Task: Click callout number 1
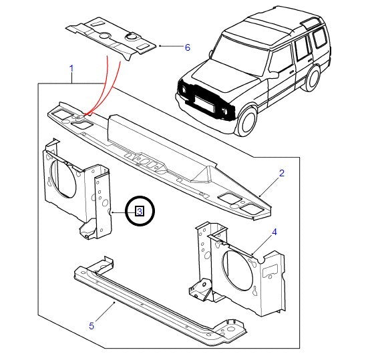[x=71, y=69]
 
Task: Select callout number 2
[x=281, y=173]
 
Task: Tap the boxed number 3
[x=139, y=211]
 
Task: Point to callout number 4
[x=274, y=232]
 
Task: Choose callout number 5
[x=91, y=326]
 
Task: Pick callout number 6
[x=187, y=47]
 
